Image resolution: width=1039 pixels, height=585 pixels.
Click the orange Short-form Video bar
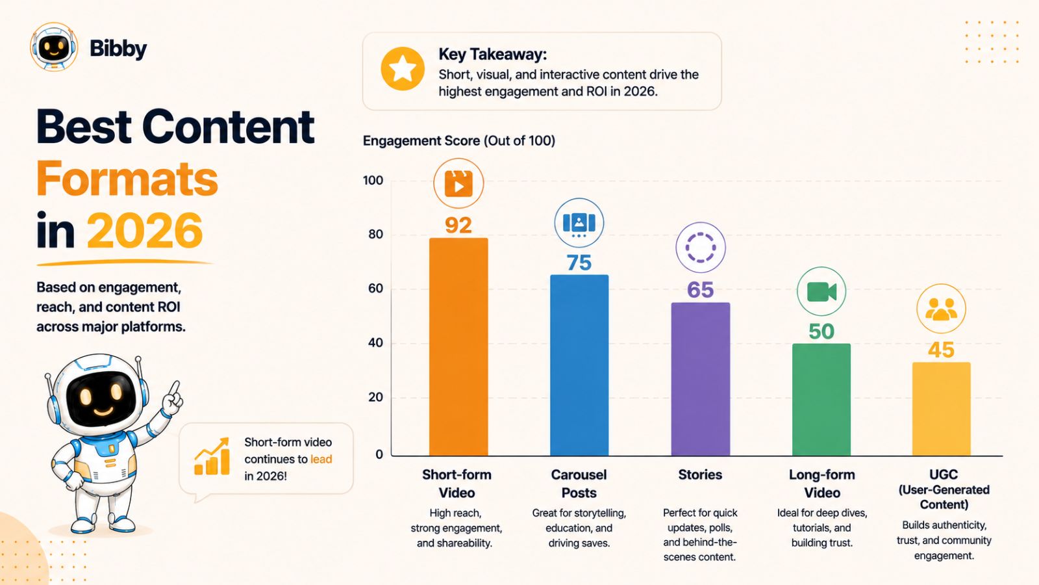tap(458, 347)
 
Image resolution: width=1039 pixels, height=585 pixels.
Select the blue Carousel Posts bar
tap(579, 365)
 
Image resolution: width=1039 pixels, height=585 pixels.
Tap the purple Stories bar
tap(701, 380)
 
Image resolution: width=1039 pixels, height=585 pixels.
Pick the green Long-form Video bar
tap(821, 400)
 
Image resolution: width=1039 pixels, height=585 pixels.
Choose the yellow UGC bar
tap(942, 409)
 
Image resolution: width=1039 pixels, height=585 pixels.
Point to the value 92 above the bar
tap(458, 225)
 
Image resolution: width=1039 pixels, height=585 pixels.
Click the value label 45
tap(941, 350)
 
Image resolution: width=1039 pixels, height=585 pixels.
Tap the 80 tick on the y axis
tap(376, 235)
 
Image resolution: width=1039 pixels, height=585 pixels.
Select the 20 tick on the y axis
tap(376, 397)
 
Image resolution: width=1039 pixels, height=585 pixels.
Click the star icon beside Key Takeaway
tap(403, 69)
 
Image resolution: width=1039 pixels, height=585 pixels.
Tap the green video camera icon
tap(821, 292)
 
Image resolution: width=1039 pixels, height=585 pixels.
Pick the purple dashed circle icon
tap(701, 248)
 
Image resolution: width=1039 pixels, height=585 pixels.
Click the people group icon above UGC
tap(941, 309)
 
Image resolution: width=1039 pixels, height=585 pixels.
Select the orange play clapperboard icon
tap(458, 183)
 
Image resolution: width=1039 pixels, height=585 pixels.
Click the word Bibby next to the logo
tap(118, 49)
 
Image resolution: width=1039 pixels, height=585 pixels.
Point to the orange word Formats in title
tap(127, 179)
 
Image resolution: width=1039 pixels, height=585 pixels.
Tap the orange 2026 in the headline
tap(145, 231)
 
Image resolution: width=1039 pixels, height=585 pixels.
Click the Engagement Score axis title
tap(458, 140)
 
